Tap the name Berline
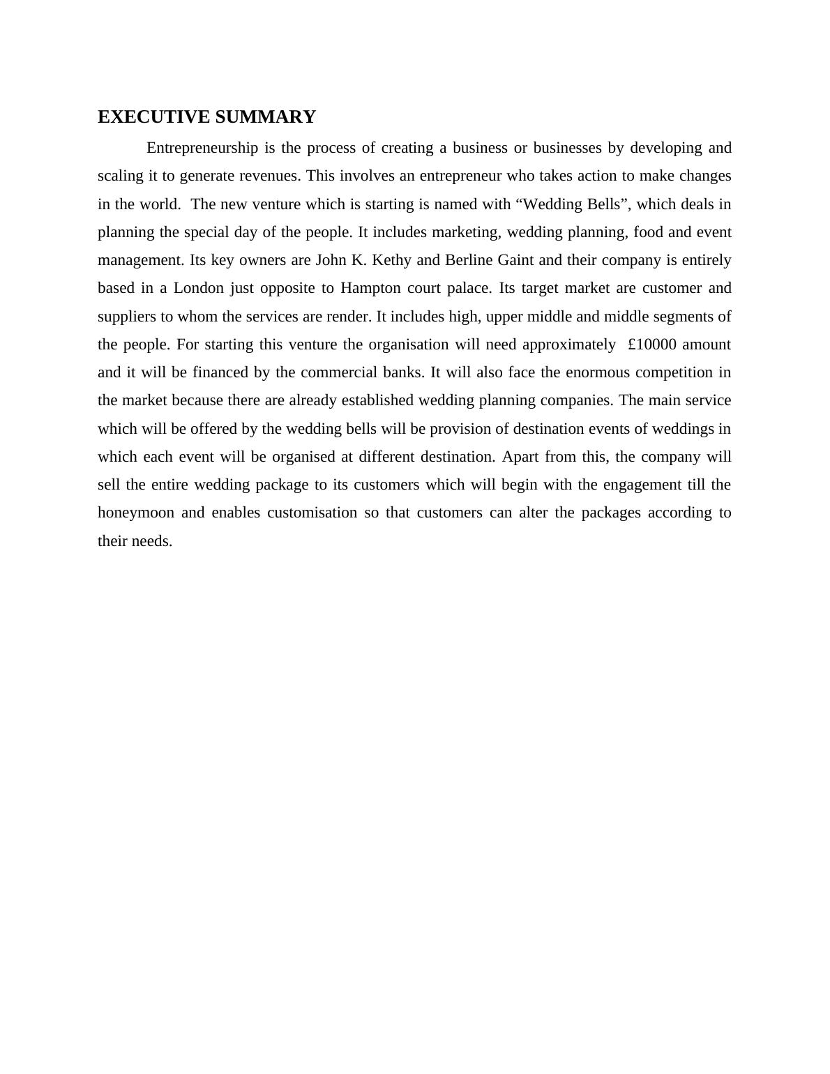pos(469,261)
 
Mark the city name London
pos(198,289)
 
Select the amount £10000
pos(651,345)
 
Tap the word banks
pos(403,373)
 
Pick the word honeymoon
pos(136,513)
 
